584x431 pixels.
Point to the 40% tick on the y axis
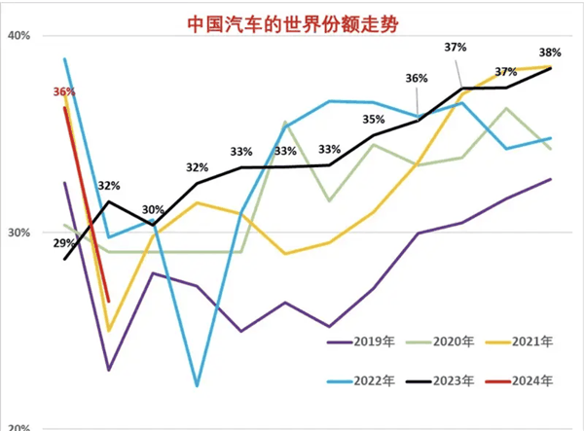click(19, 35)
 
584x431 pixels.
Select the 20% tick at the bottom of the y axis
click(19, 426)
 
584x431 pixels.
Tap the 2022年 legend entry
click(368, 380)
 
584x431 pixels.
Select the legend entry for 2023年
click(450, 380)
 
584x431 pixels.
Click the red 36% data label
click(64, 91)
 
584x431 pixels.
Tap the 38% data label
click(549, 52)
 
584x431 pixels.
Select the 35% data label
click(373, 120)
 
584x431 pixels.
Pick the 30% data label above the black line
click(153, 209)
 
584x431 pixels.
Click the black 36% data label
click(417, 79)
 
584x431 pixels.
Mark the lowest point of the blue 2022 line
click(197, 386)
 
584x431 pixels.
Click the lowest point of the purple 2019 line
click(109, 370)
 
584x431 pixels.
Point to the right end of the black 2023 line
click(551, 68)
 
